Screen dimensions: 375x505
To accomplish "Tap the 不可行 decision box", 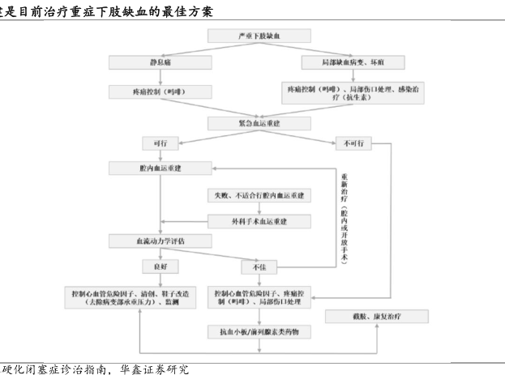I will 353,143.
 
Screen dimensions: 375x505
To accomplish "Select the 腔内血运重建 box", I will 160,168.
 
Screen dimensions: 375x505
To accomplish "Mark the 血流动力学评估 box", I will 160,241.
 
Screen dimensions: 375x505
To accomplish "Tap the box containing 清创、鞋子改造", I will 131,296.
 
